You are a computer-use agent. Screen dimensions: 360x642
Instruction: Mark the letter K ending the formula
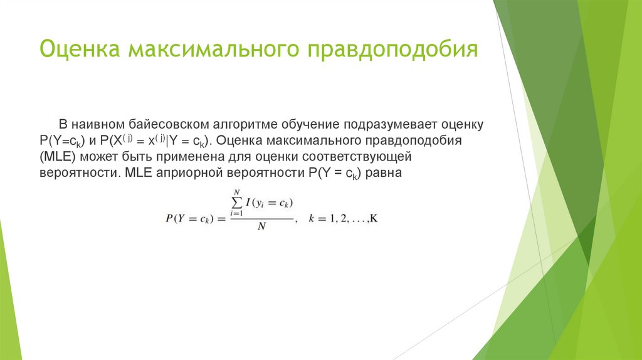374,218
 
